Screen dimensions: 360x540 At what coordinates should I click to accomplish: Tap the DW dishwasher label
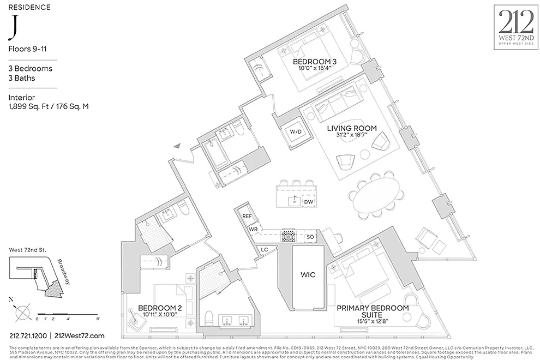tap(308, 202)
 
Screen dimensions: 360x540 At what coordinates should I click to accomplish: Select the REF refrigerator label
tap(247, 216)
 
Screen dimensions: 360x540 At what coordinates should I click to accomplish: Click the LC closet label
tap(265, 249)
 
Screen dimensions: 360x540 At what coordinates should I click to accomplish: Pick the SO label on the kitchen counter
tap(310, 237)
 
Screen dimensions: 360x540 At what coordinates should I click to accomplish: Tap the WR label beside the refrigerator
tap(253, 230)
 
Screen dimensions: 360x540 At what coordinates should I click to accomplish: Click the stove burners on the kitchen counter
tap(287, 236)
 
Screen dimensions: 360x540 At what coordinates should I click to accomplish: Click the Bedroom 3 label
tap(314, 62)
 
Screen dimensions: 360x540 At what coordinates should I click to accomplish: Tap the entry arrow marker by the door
tap(177, 145)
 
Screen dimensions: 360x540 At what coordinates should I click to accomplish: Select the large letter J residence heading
tap(12, 28)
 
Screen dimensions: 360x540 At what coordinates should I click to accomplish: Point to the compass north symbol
tap(21, 313)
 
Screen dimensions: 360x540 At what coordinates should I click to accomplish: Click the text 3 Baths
tap(22, 78)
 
